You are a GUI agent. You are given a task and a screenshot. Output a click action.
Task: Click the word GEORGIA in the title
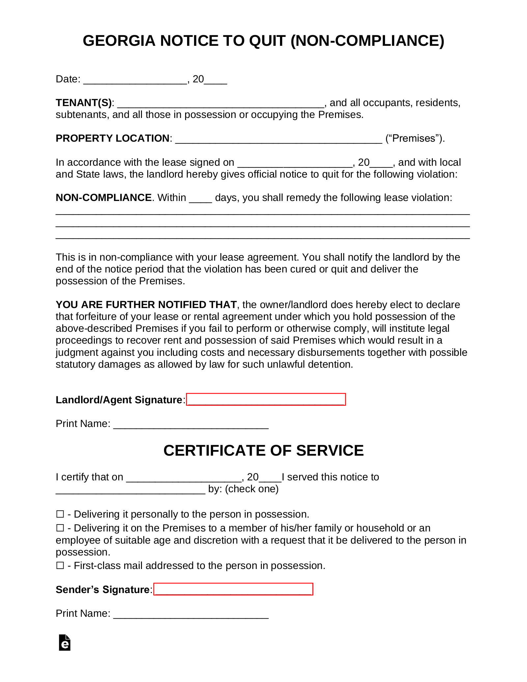click(x=119, y=41)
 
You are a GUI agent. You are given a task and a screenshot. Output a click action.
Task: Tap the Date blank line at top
click(x=135, y=80)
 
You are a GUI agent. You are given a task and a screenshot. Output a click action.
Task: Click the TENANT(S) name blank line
click(x=221, y=103)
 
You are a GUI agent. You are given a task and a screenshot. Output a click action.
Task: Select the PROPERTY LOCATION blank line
click(x=278, y=139)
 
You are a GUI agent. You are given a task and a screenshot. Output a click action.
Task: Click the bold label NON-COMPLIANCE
click(x=103, y=198)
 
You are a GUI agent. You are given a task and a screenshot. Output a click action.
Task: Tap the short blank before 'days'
click(x=200, y=198)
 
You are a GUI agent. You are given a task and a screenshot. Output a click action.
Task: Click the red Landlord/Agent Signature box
click(x=266, y=399)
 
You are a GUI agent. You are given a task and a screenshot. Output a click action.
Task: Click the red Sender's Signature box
click(x=233, y=589)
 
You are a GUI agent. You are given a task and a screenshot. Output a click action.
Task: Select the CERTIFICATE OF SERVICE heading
click(x=263, y=450)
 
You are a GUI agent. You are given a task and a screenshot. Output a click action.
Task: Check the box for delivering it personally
click(x=60, y=514)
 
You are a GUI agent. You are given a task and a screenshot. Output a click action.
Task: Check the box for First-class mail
click(x=60, y=565)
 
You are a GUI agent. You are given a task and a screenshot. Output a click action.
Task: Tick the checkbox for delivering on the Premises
click(x=60, y=528)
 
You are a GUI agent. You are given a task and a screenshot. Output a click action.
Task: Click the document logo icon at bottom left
click(x=65, y=642)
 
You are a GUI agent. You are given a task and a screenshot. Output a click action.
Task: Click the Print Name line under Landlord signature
click(x=191, y=424)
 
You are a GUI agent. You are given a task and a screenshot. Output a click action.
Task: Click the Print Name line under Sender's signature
click(x=191, y=614)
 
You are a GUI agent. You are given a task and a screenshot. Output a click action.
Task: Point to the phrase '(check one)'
click(x=252, y=489)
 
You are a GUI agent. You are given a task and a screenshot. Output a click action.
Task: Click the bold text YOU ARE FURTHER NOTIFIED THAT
click(x=146, y=305)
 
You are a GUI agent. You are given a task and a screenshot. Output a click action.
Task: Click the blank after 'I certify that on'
click(x=184, y=478)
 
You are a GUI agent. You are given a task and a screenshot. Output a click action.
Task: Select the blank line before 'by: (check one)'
click(x=130, y=490)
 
